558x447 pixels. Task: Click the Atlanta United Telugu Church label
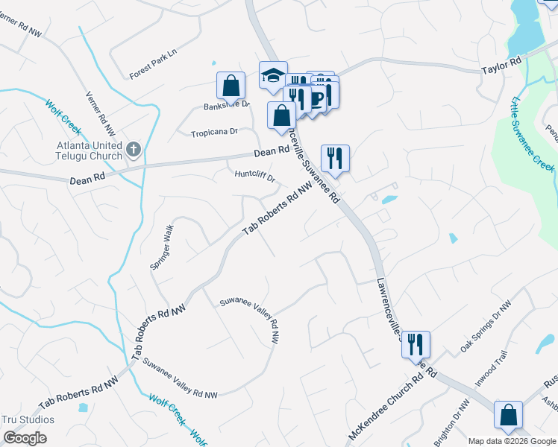(x=89, y=150)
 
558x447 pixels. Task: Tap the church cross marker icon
(x=134, y=150)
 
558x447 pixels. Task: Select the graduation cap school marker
(x=273, y=74)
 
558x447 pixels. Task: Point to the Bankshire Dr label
(x=226, y=106)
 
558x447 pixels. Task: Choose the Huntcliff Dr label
(x=255, y=178)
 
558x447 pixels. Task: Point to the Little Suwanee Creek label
(x=533, y=134)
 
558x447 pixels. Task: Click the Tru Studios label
(x=28, y=419)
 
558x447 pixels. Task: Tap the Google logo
(x=25, y=437)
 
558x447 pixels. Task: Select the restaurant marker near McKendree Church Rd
(x=416, y=344)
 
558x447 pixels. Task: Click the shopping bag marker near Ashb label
(x=508, y=414)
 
